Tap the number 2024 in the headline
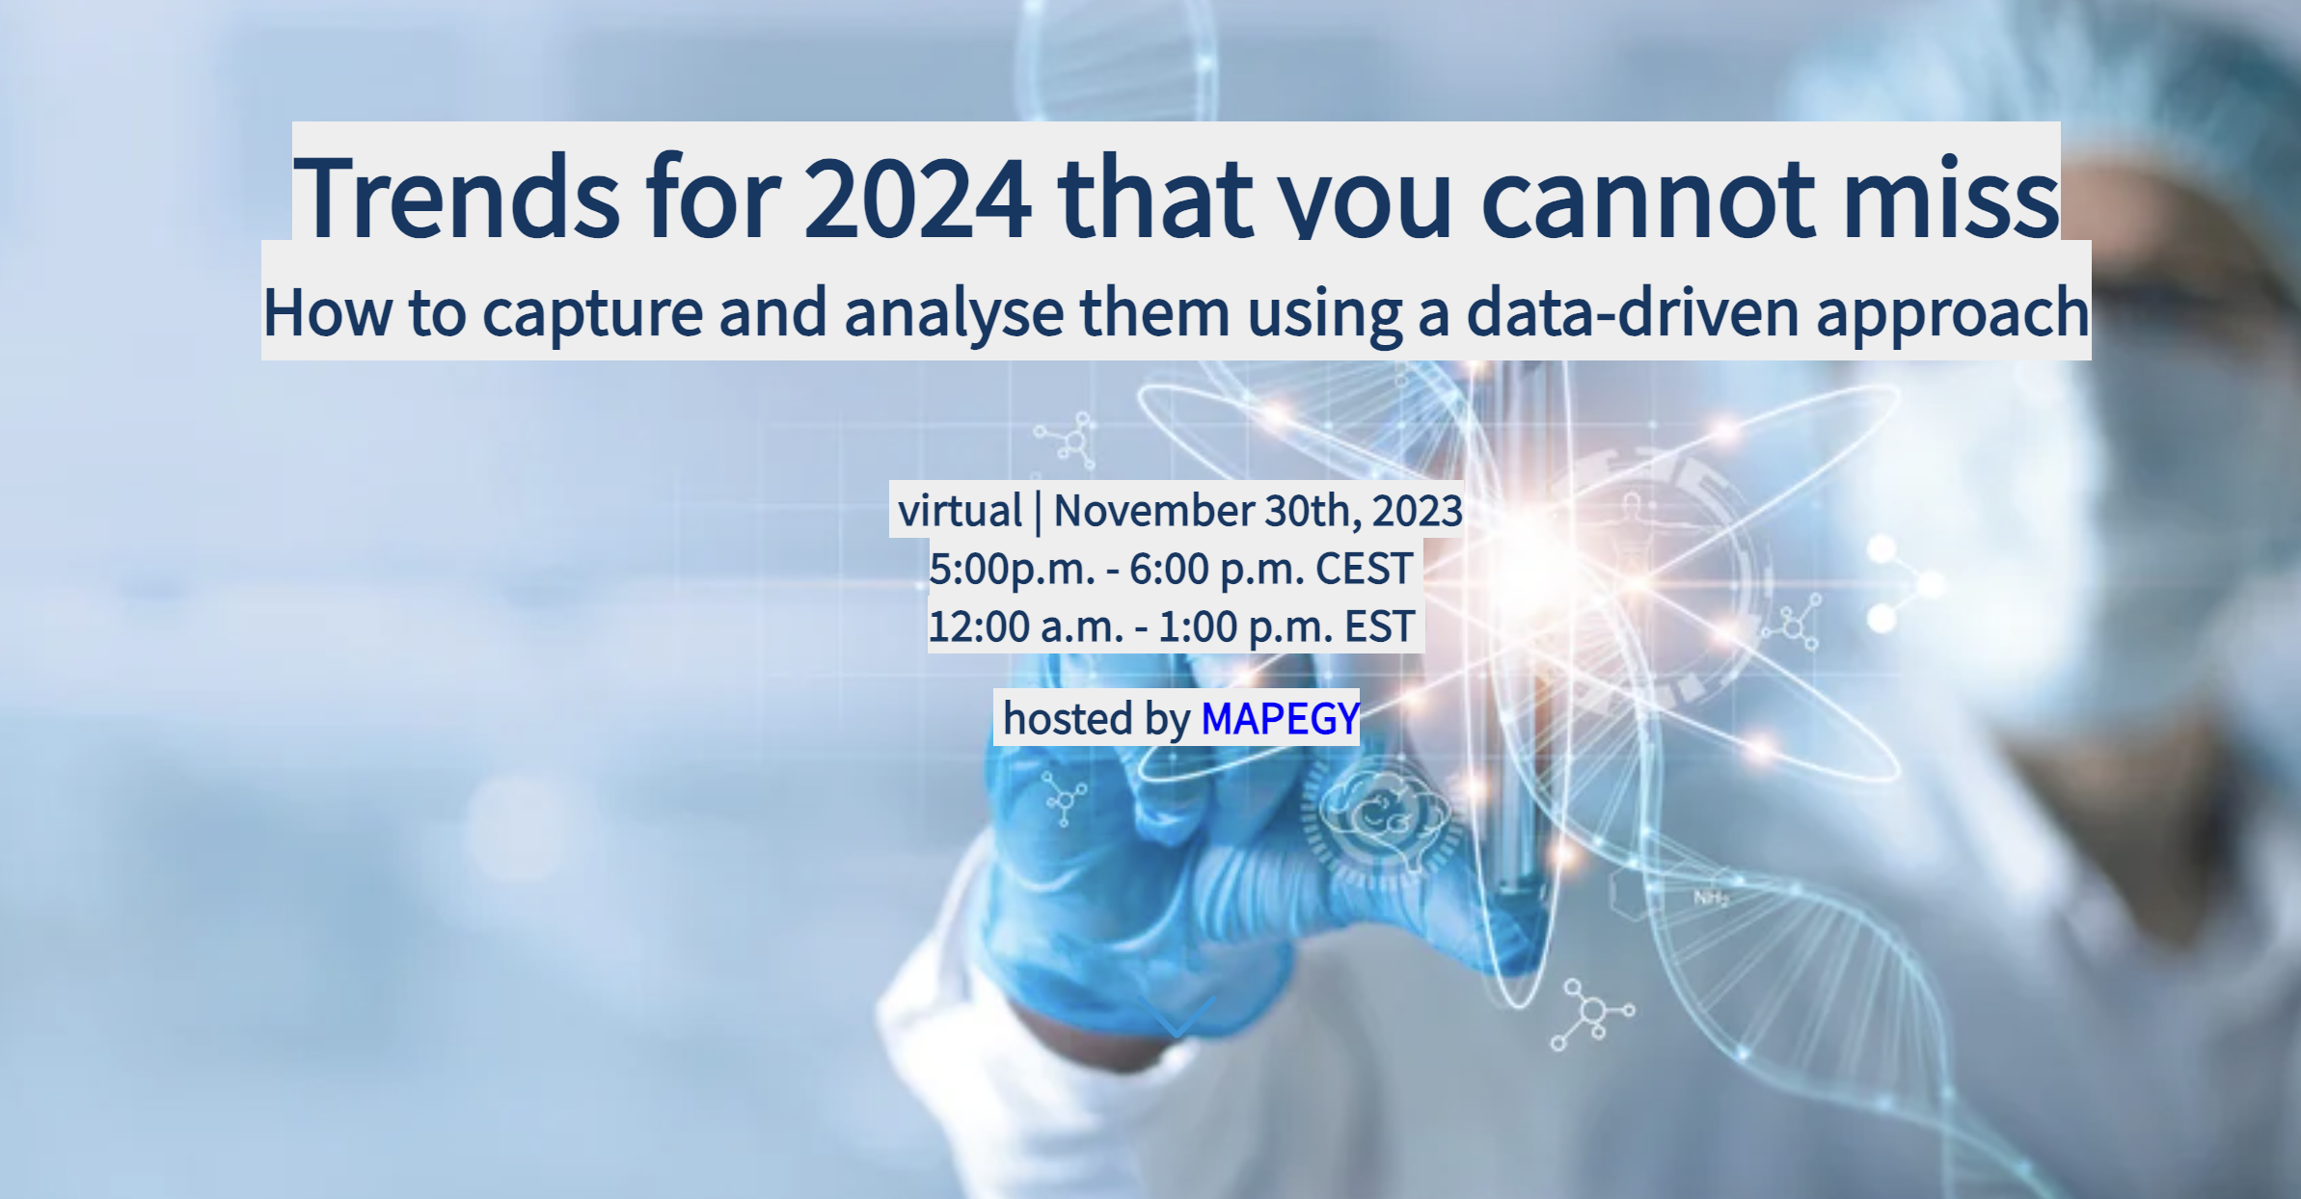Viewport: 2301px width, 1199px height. tap(917, 198)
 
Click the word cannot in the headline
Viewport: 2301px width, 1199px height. tap(1648, 198)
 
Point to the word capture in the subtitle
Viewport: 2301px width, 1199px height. tap(592, 312)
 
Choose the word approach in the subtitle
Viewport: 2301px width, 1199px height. tap(1953, 312)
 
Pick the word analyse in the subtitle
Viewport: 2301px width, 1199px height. tap(954, 312)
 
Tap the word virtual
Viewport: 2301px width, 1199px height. tap(960, 511)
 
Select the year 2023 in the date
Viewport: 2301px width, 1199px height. tap(1417, 511)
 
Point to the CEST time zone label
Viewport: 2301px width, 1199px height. tap(1364, 569)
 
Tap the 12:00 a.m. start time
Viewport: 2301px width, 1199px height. tap(1025, 626)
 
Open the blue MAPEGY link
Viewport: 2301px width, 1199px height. tap(1280, 718)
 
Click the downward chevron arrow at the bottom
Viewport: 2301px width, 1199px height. tap(1177, 1017)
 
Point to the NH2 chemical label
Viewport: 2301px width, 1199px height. tap(1711, 898)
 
